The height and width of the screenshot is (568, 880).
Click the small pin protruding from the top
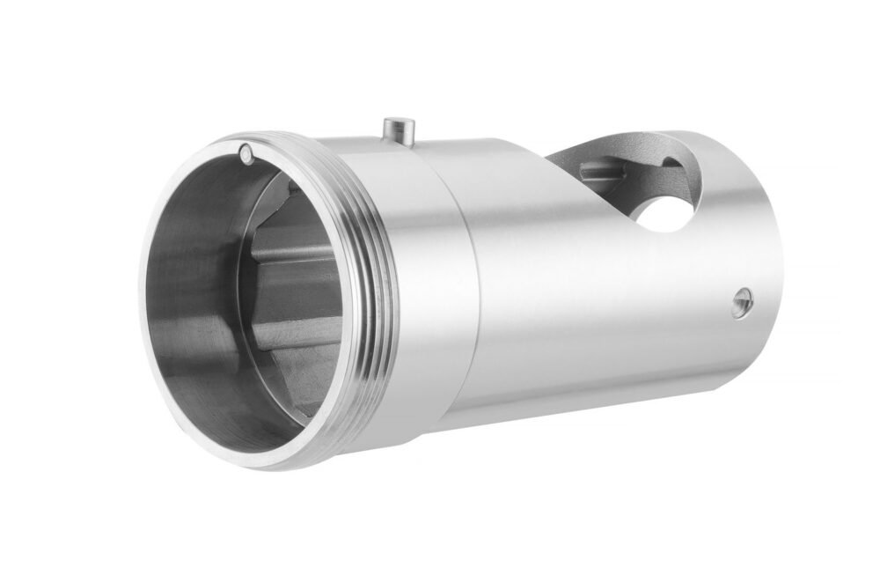[x=399, y=128]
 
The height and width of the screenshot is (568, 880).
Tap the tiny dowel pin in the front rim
[x=245, y=155]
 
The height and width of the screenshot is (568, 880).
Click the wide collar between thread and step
[x=414, y=273]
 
